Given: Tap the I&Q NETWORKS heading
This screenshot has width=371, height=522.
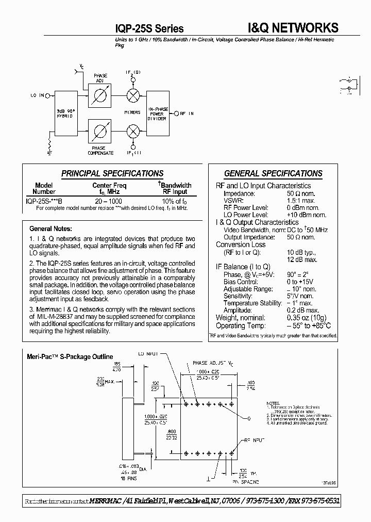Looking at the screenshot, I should (x=293, y=27).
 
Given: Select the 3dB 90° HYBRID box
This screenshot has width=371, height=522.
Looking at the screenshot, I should (x=65, y=114).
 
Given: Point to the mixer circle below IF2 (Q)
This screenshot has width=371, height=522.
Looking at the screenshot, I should (x=133, y=95).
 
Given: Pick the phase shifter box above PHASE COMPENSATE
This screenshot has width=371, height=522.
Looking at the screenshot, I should (x=100, y=131).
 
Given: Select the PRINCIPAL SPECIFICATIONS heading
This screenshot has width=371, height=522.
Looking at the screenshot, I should (x=112, y=173).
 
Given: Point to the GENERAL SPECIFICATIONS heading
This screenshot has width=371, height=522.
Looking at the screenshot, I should (x=273, y=173).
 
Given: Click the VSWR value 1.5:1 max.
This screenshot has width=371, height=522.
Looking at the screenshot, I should (x=301, y=200).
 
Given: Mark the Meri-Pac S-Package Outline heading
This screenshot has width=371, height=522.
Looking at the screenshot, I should (x=70, y=356).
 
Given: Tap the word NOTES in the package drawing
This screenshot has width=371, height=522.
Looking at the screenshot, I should (x=273, y=402).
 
